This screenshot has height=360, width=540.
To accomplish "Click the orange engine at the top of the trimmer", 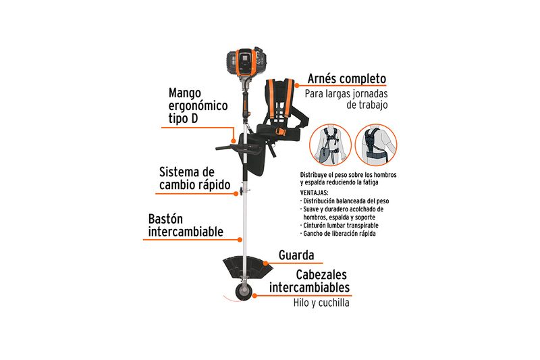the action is click(246, 63).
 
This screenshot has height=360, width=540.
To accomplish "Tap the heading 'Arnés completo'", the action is click(346, 79).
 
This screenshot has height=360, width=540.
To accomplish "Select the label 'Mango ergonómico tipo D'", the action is click(198, 105).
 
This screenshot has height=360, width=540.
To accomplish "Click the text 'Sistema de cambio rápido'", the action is click(194, 178).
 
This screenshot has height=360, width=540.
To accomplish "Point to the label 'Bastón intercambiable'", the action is click(186, 226).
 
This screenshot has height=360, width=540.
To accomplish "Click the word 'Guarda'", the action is click(296, 255).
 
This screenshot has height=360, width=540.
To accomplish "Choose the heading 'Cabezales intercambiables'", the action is click(309, 281).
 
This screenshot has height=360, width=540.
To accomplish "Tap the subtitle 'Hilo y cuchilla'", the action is click(321, 303).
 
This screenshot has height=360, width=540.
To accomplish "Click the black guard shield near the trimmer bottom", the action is click(248, 266).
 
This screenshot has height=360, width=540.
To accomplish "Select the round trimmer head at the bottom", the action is click(244, 292).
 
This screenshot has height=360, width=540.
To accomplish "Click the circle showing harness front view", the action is click(330, 145).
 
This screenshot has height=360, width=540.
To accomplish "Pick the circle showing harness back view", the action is click(376, 145).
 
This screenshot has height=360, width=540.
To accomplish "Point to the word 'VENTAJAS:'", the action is click(314, 193).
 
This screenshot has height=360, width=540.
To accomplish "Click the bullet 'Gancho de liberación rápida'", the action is click(338, 234).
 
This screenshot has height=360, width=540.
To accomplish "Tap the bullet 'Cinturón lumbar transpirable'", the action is click(340, 226).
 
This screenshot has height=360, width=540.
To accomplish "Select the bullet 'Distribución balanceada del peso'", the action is click(344, 201).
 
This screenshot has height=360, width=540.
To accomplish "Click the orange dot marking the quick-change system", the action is click(236, 194).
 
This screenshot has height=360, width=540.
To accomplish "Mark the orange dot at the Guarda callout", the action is click(265, 263).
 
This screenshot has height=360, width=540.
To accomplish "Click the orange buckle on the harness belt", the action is click(279, 132).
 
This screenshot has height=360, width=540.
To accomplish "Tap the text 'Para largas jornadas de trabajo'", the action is click(346, 99).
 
